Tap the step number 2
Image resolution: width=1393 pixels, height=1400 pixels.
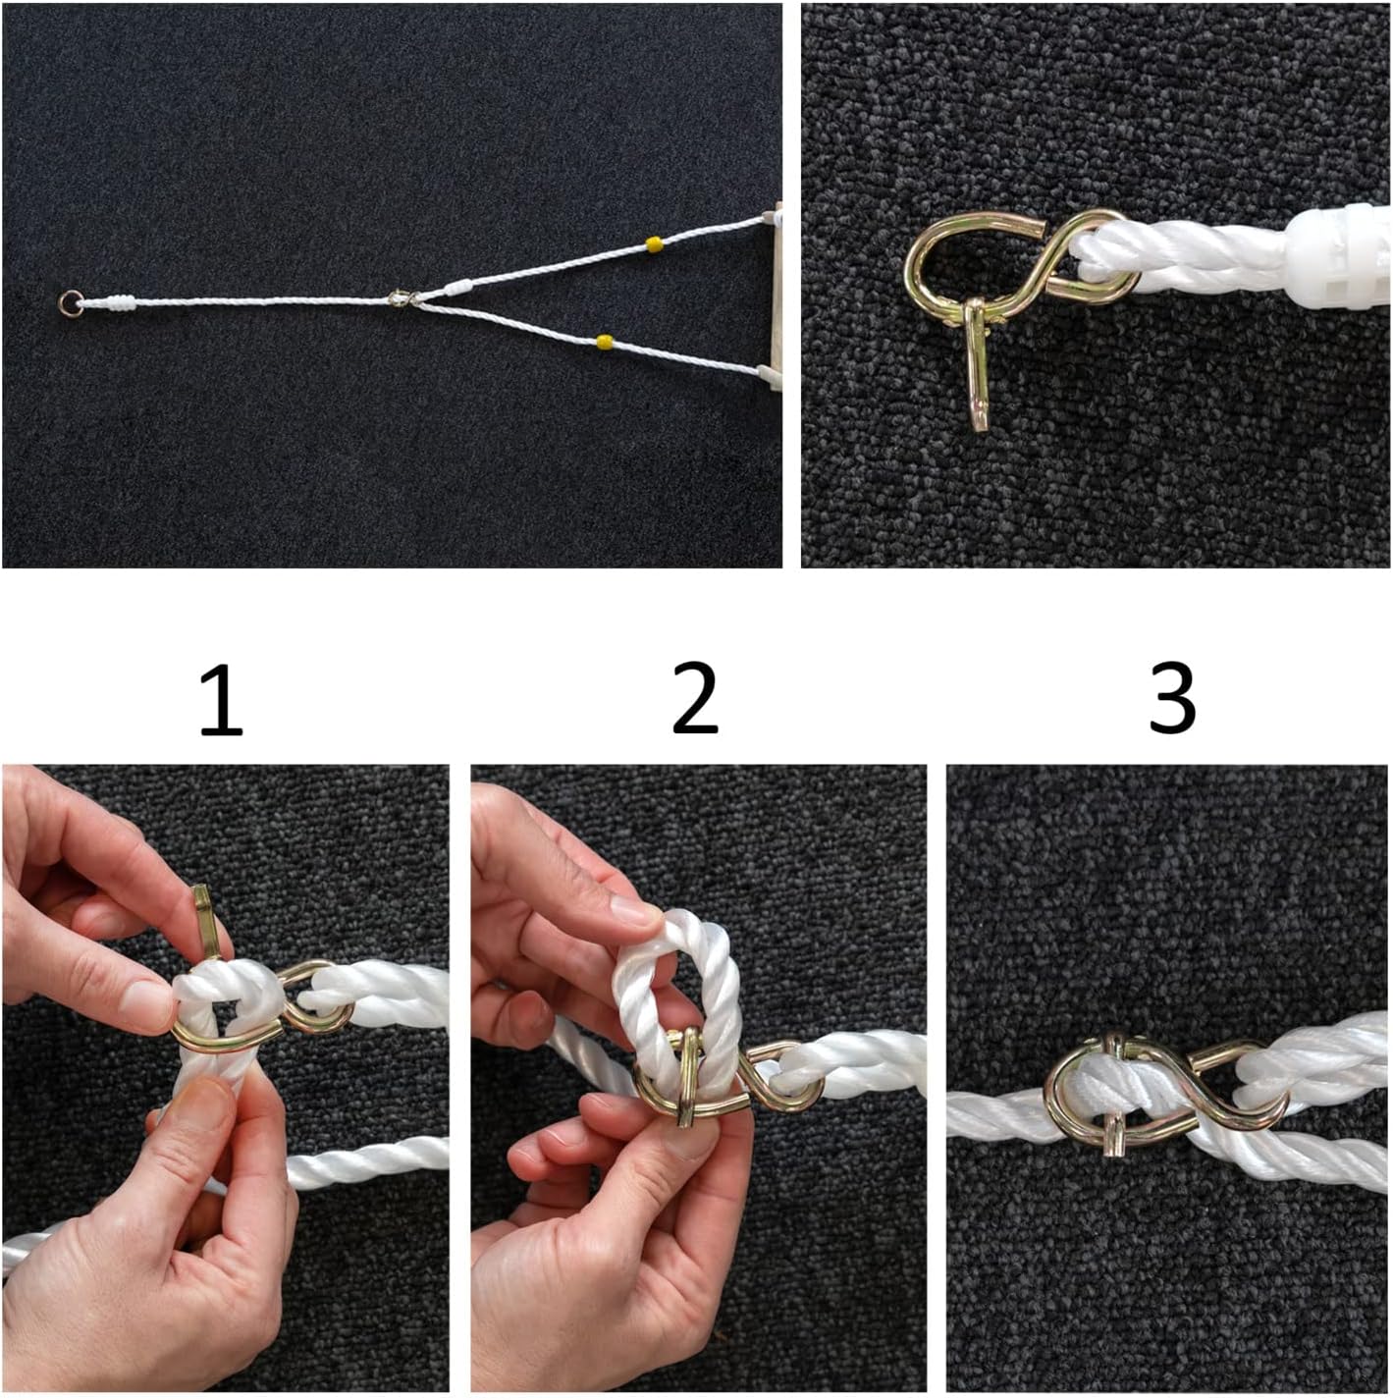(695, 700)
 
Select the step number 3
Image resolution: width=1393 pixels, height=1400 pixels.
(1171, 700)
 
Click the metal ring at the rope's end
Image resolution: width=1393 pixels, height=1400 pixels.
(71, 302)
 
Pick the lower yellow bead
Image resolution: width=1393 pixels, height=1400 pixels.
(603, 342)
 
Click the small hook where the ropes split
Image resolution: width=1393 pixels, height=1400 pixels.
(399, 297)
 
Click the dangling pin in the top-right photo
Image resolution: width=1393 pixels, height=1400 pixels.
(978, 364)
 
